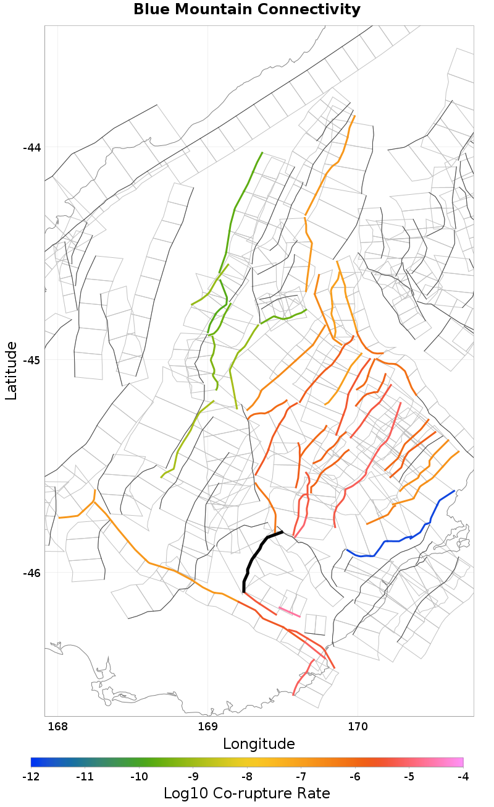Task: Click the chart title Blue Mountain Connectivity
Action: pos(247,10)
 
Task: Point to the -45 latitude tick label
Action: pos(31,360)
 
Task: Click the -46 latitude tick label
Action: pos(31,573)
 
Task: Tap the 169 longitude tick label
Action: pos(208,725)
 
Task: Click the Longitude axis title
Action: pos(259,743)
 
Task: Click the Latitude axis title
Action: pos(12,370)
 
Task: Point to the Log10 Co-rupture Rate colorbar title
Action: pos(247,793)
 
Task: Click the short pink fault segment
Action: pos(290,612)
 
